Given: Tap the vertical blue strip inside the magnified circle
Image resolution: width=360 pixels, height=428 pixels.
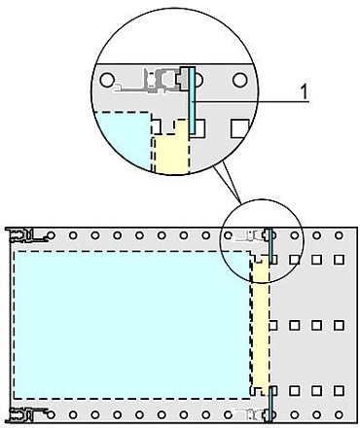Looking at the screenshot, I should point(194,101).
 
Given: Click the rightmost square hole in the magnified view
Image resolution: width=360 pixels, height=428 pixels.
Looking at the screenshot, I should point(238,126).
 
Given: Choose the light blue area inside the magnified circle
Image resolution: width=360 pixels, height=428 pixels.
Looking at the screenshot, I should point(122,141).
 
